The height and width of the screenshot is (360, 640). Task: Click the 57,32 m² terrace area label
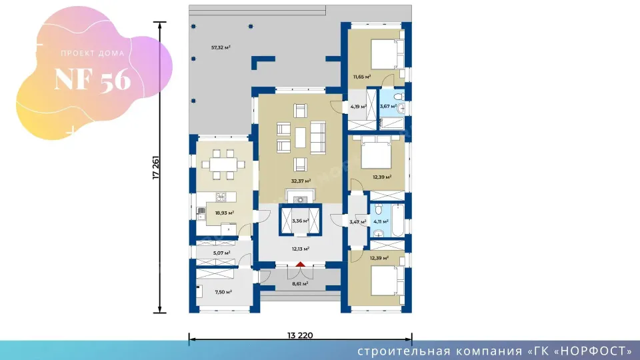(221, 48)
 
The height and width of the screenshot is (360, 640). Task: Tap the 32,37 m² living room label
(301, 181)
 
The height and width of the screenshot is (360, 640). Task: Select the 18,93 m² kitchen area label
(225, 213)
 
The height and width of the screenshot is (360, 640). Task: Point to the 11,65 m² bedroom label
(362, 77)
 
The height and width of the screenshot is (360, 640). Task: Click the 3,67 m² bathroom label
(388, 107)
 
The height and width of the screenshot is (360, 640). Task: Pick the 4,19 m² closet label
(359, 107)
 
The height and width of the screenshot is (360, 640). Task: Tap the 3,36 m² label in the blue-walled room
(301, 221)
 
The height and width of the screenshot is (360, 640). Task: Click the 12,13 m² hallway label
(301, 249)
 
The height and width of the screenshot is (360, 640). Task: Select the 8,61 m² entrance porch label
(300, 284)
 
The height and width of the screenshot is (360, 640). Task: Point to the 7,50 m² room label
(223, 292)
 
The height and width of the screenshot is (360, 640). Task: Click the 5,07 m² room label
(221, 253)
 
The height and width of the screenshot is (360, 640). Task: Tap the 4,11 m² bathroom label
(381, 221)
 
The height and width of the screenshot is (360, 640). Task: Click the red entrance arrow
(301, 265)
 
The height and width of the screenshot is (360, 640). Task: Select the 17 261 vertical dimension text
(155, 168)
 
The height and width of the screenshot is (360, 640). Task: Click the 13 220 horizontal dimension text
(300, 335)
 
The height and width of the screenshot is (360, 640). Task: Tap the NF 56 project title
(93, 79)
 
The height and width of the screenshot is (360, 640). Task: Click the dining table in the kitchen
(223, 165)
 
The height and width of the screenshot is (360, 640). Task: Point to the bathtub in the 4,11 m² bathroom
(398, 221)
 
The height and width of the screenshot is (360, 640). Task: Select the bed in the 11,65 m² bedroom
(387, 54)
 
